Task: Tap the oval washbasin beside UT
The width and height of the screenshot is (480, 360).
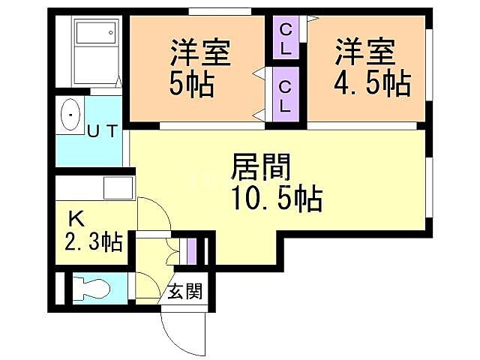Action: [70, 115]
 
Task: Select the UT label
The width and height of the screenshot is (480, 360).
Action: [102, 132]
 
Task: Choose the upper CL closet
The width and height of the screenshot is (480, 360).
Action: [286, 38]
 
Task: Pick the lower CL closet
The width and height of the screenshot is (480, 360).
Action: [286, 94]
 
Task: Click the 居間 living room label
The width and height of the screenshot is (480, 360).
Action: [262, 165]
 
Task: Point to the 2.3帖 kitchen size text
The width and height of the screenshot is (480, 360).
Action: [91, 243]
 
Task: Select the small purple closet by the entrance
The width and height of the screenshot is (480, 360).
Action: [193, 250]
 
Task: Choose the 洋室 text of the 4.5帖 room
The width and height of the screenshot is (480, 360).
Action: [364, 52]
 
